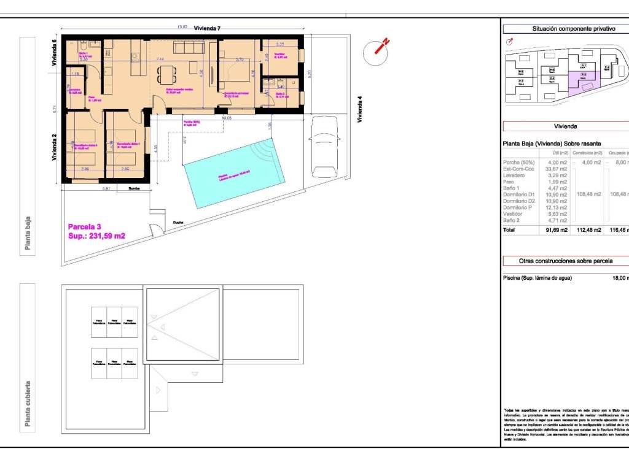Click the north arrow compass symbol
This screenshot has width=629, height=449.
pyautogui.click(x=377, y=53)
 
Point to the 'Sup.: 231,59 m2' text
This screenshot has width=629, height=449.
pyautogui.click(x=96, y=236)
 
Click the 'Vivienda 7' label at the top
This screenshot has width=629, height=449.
pyautogui.click(x=207, y=28)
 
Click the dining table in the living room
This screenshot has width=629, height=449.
pyautogui.click(x=166, y=74)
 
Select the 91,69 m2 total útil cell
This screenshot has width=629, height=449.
pyautogui.click(x=556, y=230)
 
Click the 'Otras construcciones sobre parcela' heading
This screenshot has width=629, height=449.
pyautogui.click(x=565, y=261)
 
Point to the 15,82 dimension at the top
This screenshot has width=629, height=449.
pyautogui.click(x=182, y=27)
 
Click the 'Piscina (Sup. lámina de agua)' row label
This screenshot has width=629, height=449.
pyautogui.click(x=537, y=278)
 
